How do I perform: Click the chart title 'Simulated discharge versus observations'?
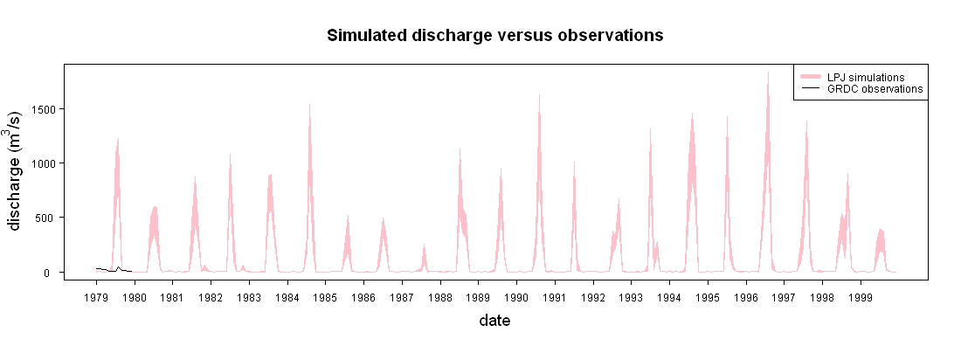point(494,36)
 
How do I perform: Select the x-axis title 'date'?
point(494,320)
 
